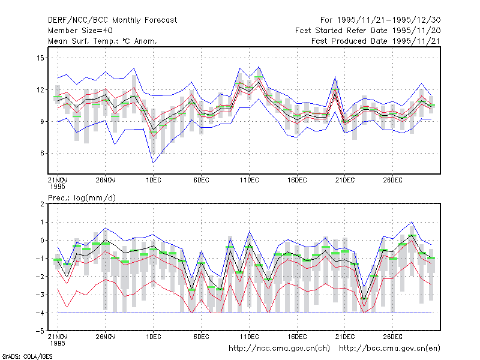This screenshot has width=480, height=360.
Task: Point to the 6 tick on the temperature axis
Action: click(42, 154)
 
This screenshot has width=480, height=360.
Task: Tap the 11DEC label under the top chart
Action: click(249, 180)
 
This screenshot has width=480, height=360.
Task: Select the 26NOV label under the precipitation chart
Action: click(106, 337)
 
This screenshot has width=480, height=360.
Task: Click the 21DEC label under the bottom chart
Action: click(345, 337)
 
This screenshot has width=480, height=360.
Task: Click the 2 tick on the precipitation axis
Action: click(42, 204)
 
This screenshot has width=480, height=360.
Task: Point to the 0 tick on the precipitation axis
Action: click(42, 241)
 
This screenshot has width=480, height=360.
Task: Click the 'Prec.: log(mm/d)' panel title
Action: click(82, 198)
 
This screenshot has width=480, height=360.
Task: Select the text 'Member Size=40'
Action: click(80, 31)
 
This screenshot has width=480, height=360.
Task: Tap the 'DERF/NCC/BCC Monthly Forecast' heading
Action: click(112, 20)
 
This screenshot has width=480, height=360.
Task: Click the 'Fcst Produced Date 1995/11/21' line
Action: click(376, 41)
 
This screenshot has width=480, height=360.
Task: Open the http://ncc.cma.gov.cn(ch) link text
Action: click(280, 349)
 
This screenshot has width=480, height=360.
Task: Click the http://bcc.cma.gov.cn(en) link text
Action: click(389, 349)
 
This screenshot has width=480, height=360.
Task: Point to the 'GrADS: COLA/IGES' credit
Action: click(27, 356)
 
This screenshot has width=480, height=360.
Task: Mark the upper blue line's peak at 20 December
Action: click(335, 77)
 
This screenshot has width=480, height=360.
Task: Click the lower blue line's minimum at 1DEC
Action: click(154, 163)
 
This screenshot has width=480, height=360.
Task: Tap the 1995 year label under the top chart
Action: click(58, 187)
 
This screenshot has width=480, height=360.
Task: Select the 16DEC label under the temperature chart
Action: click(297, 180)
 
